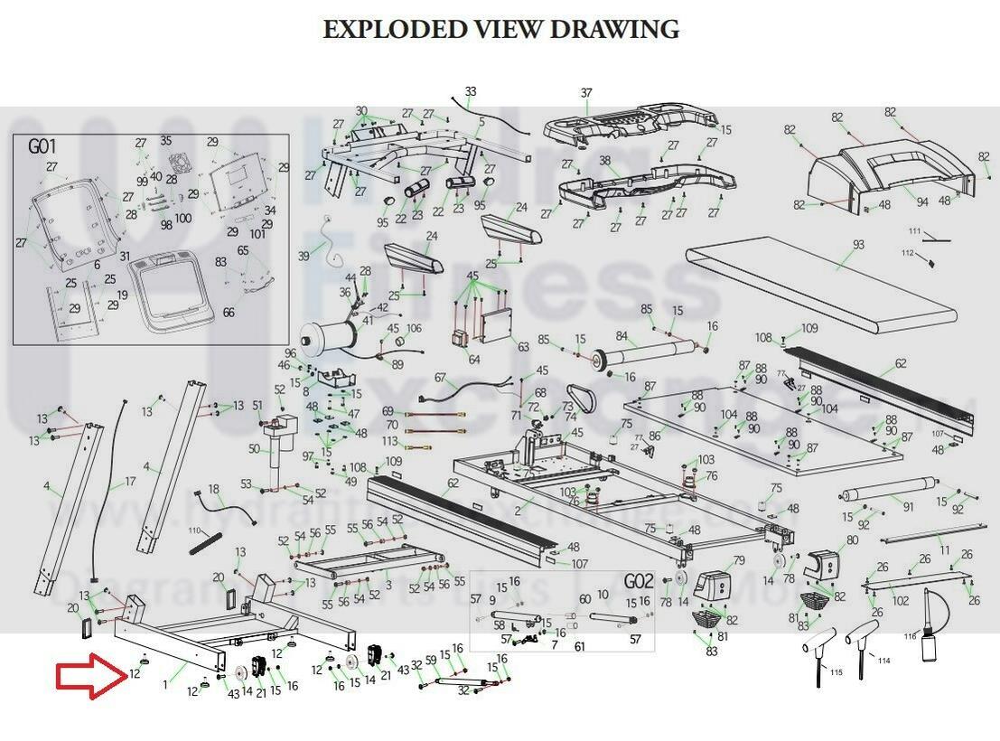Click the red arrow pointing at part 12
(88, 679)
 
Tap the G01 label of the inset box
(42, 146)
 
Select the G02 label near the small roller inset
(638, 580)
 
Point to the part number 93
(858, 246)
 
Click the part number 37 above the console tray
(586, 93)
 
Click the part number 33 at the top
(471, 91)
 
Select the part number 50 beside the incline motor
(254, 449)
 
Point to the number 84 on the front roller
(621, 336)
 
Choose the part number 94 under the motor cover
(922, 202)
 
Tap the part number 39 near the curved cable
(304, 257)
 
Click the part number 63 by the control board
(523, 346)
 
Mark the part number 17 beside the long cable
(130, 482)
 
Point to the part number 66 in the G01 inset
(229, 313)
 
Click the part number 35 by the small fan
(165, 141)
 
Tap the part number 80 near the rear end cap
(852, 540)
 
